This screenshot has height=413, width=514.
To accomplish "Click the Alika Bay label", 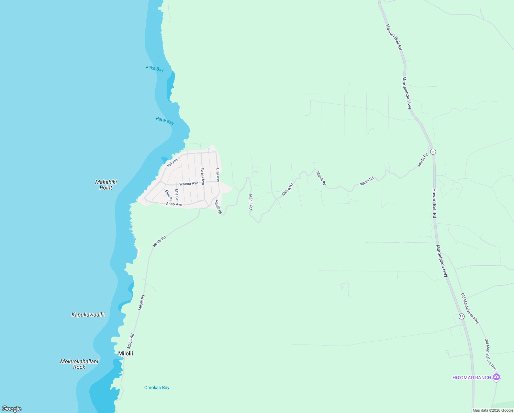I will click(154, 69).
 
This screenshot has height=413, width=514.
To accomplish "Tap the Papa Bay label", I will click(165, 121).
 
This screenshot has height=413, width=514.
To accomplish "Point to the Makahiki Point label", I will click(106, 185).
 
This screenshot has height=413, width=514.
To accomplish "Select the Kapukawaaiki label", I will click(88, 315).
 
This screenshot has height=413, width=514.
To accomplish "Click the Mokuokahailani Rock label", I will click(79, 364).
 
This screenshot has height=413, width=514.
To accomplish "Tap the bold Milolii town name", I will click(125, 353).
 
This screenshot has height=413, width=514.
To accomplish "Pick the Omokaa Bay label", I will click(157, 388).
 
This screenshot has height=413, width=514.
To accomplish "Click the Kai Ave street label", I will click(172, 162).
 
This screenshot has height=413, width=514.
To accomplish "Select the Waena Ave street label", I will click(189, 184).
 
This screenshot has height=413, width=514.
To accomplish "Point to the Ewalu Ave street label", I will click(203, 176).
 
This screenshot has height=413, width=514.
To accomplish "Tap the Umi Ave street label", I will click(217, 175).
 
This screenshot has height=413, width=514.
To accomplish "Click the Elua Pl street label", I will click(168, 195).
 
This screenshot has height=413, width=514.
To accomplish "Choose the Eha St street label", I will click(177, 194).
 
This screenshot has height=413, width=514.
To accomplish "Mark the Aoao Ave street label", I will click(174, 204).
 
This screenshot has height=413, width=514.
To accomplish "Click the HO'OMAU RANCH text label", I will click(472, 378).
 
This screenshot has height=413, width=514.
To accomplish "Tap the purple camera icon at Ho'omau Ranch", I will click(496, 377).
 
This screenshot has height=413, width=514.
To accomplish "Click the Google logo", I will click(11, 409).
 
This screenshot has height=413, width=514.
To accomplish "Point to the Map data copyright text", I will click(493, 410).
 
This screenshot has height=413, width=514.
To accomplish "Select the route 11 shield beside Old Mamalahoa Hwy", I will click(461, 316).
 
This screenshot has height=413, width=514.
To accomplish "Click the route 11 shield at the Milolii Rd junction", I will click(433, 151).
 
